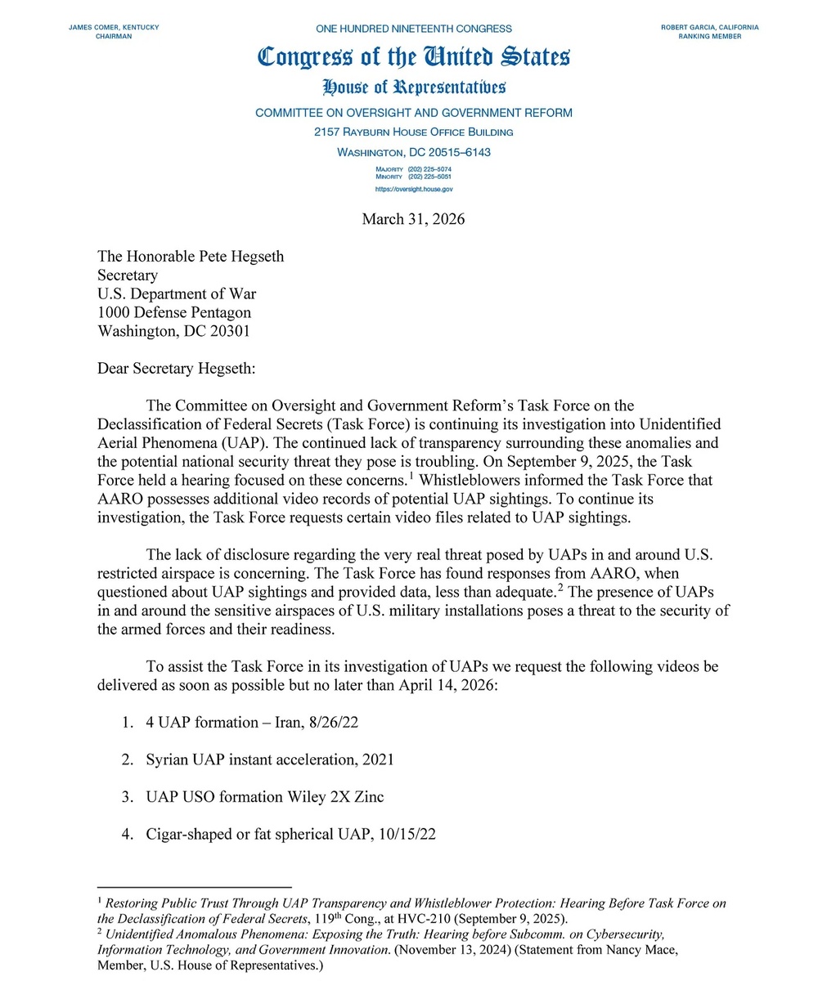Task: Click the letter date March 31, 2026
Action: click(413, 219)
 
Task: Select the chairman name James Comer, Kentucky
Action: click(114, 28)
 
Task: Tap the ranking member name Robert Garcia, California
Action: click(709, 28)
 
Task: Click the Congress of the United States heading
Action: click(413, 57)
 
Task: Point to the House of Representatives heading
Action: click(414, 87)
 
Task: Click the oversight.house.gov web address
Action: click(414, 189)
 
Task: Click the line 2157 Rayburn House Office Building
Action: click(414, 132)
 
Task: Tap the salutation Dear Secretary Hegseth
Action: click(177, 369)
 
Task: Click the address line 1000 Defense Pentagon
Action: click(174, 312)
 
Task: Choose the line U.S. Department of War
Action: click(177, 294)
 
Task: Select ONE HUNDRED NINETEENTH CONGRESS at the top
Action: click(413, 29)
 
